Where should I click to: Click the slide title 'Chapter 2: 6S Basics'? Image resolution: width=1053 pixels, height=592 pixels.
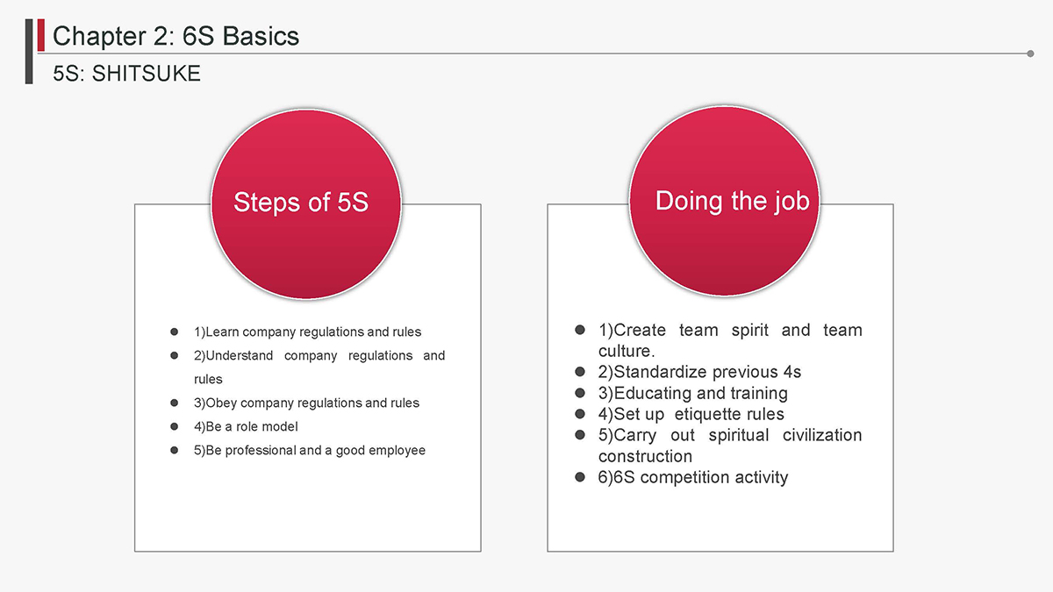pos(175,36)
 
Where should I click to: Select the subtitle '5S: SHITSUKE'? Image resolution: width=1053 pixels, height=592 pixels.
pos(127,74)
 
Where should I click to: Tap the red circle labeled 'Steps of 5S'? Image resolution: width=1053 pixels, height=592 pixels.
pos(306,203)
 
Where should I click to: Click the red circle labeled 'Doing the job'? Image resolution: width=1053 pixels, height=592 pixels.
pos(725,201)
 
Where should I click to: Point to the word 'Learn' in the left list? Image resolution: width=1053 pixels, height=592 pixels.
pos(222,332)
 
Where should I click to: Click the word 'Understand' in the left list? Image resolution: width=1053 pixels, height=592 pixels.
pos(240,356)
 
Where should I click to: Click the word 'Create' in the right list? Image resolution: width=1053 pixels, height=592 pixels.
pos(640,331)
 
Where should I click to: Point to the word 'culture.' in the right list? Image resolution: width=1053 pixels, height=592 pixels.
pos(627,351)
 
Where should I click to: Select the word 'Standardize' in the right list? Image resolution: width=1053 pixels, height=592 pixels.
pos(660,372)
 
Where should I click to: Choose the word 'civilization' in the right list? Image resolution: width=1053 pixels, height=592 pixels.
pos(822,435)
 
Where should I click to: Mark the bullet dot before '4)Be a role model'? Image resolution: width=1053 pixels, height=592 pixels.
pos(175,426)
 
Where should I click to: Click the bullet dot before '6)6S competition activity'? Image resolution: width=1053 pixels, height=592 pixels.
pos(580,477)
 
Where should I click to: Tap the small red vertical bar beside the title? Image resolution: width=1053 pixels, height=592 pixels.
pos(41,35)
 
